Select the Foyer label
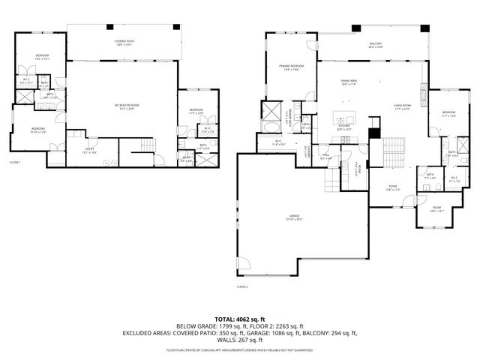coord(392,187)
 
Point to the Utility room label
coord(90,151)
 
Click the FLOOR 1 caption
coord(15,163)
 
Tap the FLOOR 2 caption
coord(242,287)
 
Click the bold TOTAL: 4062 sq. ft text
coord(239,319)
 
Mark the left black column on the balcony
coord(357,28)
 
